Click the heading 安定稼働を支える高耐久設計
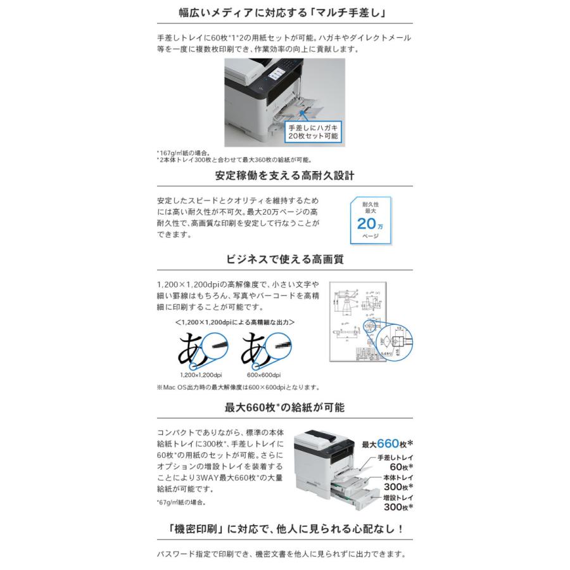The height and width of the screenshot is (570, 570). [284, 175]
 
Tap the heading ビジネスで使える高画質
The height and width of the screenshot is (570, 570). [284, 259]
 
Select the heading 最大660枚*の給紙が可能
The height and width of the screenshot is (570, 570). [284, 407]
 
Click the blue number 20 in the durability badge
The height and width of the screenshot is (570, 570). [367, 223]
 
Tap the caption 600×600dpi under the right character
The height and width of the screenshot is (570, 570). [263, 374]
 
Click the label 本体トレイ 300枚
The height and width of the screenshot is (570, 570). [397, 483]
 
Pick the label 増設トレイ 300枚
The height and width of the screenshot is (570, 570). [396, 503]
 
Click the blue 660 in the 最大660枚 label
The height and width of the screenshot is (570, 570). [391, 443]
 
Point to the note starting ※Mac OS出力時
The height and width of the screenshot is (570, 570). [237, 387]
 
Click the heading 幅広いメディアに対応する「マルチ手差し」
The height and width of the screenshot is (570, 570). [284, 12]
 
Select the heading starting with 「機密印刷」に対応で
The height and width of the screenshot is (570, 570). [284, 529]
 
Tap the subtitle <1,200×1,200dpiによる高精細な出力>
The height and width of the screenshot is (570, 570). [234, 322]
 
